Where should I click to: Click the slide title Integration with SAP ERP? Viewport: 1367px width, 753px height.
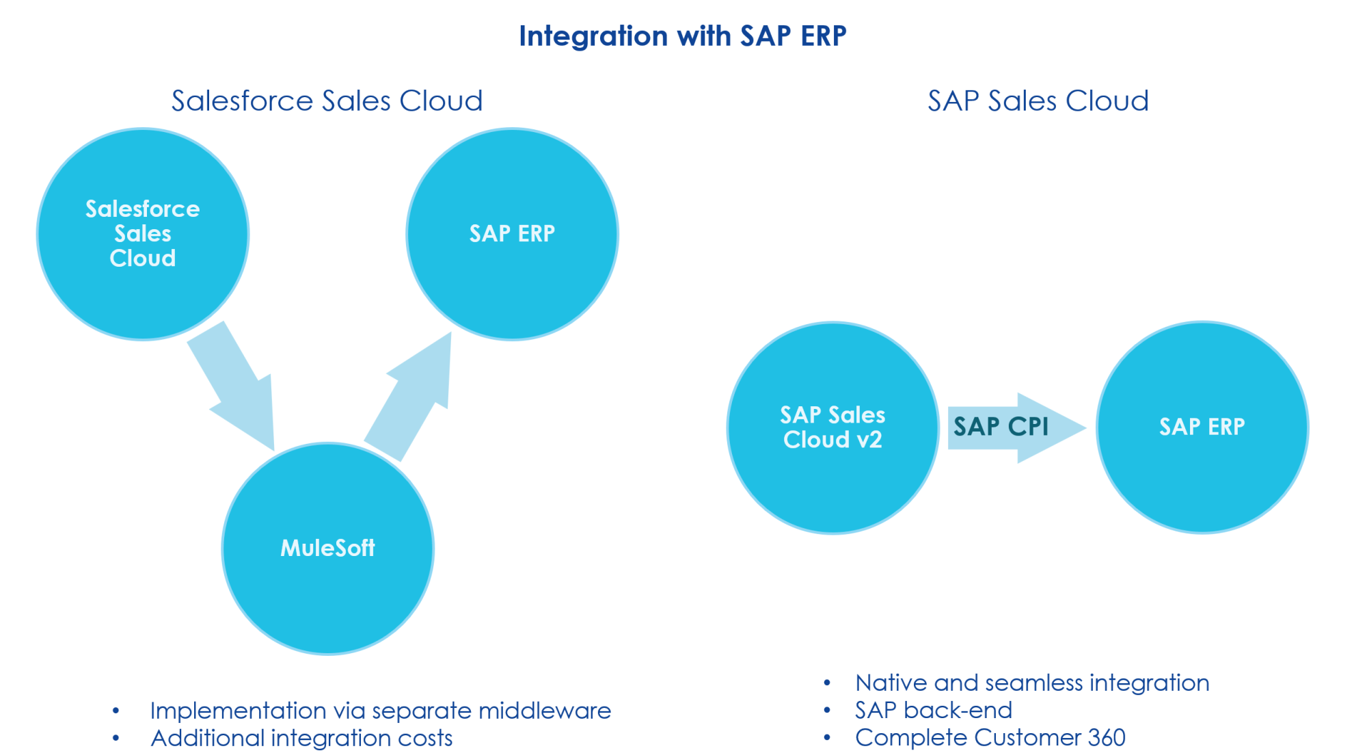tap(683, 36)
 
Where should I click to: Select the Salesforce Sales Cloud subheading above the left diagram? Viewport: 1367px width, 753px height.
tap(327, 101)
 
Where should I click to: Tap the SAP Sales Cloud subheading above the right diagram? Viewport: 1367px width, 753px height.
tap(1038, 101)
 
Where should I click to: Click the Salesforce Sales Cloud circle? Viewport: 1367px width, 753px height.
tap(143, 234)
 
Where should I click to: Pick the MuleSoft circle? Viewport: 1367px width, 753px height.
tap(328, 549)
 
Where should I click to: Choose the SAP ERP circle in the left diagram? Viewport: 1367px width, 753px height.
tap(513, 234)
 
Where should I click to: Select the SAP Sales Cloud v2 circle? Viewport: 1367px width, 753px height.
tap(833, 427)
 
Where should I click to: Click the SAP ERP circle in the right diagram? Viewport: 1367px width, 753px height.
tap(1203, 427)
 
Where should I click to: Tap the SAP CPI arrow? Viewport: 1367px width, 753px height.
tap(1016, 428)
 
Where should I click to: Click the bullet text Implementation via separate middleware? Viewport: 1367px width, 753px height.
tap(381, 711)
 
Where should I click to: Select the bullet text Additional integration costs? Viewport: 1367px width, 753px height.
tap(301, 738)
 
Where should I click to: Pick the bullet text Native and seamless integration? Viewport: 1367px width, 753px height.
tap(1032, 683)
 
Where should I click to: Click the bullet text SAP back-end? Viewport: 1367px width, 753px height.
tap(934, 710)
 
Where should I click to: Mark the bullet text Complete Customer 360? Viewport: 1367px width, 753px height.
tap(990, 737)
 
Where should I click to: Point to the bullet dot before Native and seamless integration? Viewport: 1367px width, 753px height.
tap(827, 683)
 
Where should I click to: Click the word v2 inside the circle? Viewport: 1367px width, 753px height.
tap(869, 440)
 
